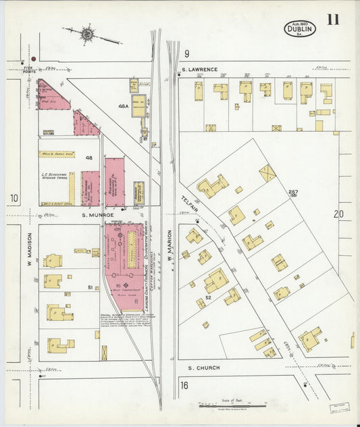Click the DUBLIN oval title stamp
[x=300, y=28]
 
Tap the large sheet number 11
[x=333, y=19]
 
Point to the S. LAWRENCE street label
[x=199, y=70]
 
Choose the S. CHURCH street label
[x=203, y=368]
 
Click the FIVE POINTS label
[x=28, y=69]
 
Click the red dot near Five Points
[x=32, y=59]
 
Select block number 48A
[x=123, y=106]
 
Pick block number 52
[x=209, y=297]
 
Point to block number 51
[x=89, y=287]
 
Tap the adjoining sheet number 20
[x=338, y=214]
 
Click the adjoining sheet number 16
[x=184, y=385]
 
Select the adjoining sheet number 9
[x=186, y=53]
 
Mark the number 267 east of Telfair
[x=293, y=192]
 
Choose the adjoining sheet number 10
[x=14, y=198]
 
